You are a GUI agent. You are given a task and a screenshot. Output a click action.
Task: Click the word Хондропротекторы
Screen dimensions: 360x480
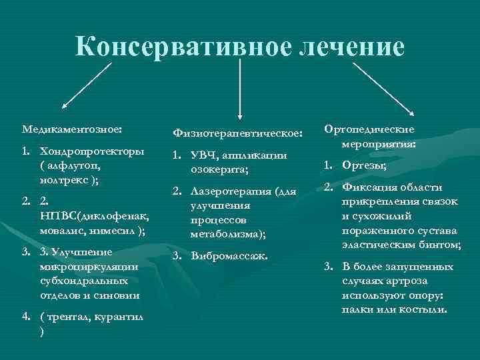92,151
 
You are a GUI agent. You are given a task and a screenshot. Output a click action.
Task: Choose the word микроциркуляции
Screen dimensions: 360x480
89,266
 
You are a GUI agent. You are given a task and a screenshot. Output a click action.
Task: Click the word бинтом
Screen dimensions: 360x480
443,245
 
